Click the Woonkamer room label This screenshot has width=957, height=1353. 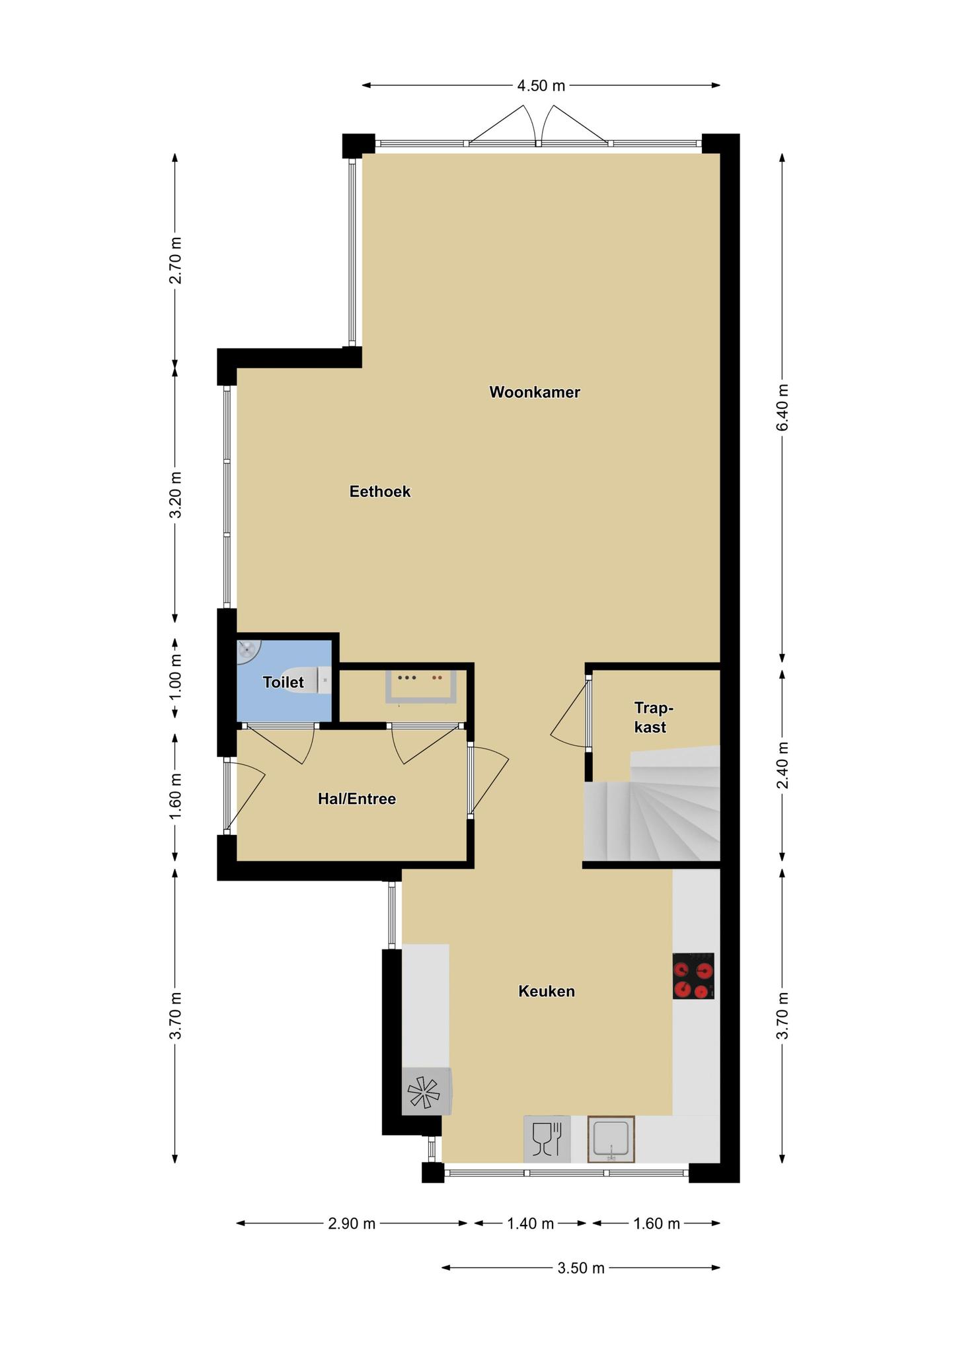[535, 392]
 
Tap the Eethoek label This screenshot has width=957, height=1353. [380, 492]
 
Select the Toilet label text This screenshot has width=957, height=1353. [284, 682]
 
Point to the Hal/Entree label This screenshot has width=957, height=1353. [357, 799]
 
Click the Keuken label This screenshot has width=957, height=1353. [547, 991]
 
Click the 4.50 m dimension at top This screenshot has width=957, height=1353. [541, 85]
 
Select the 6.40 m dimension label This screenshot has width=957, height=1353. [783, 407]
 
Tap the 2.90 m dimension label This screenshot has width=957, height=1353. [352, 1224]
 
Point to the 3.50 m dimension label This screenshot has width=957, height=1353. [580, 1268]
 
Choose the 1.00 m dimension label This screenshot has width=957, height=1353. [175, 678]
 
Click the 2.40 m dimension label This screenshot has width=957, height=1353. [783, 765]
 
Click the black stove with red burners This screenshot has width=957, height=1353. [693, 976]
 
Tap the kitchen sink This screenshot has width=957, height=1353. [611, 1140]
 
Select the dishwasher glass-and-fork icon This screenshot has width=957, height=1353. [547, 1140]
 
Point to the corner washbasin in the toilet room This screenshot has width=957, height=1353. [248, 651]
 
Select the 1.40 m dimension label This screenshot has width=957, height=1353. [530, 1224]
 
